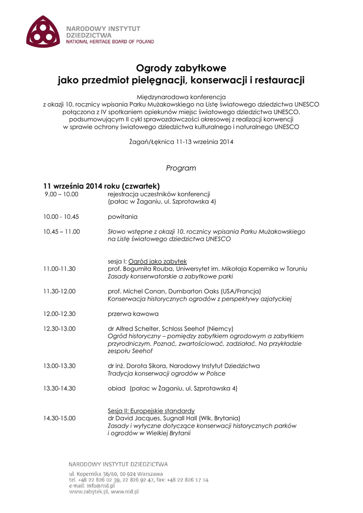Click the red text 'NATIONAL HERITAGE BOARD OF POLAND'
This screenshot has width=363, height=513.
coord(110,42)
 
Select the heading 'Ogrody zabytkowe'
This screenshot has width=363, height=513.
coord(181,68)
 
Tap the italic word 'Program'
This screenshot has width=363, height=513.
coord(181,168)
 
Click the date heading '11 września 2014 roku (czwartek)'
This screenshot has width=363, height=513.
coord(101,185)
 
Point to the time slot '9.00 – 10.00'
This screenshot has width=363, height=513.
coord(62,194)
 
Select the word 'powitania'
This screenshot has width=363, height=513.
coord(123,217)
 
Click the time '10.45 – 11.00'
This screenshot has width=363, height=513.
coord(62,231)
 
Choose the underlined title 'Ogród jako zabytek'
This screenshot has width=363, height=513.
coord(157,261)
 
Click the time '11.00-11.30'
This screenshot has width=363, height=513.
coord(60,269)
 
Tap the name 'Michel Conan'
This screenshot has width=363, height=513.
coord(144,291)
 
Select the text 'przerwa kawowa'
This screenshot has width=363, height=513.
coord(133,314)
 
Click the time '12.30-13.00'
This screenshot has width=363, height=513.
coord(60,329)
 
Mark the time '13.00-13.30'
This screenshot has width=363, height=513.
coord(60,366)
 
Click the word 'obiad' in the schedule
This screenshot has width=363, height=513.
coord(117,388)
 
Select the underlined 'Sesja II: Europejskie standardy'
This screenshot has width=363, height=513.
coord(151,410)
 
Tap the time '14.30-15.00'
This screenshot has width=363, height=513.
coord(60,418)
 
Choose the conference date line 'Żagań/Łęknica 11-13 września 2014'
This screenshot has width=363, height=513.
coord(181,142)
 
